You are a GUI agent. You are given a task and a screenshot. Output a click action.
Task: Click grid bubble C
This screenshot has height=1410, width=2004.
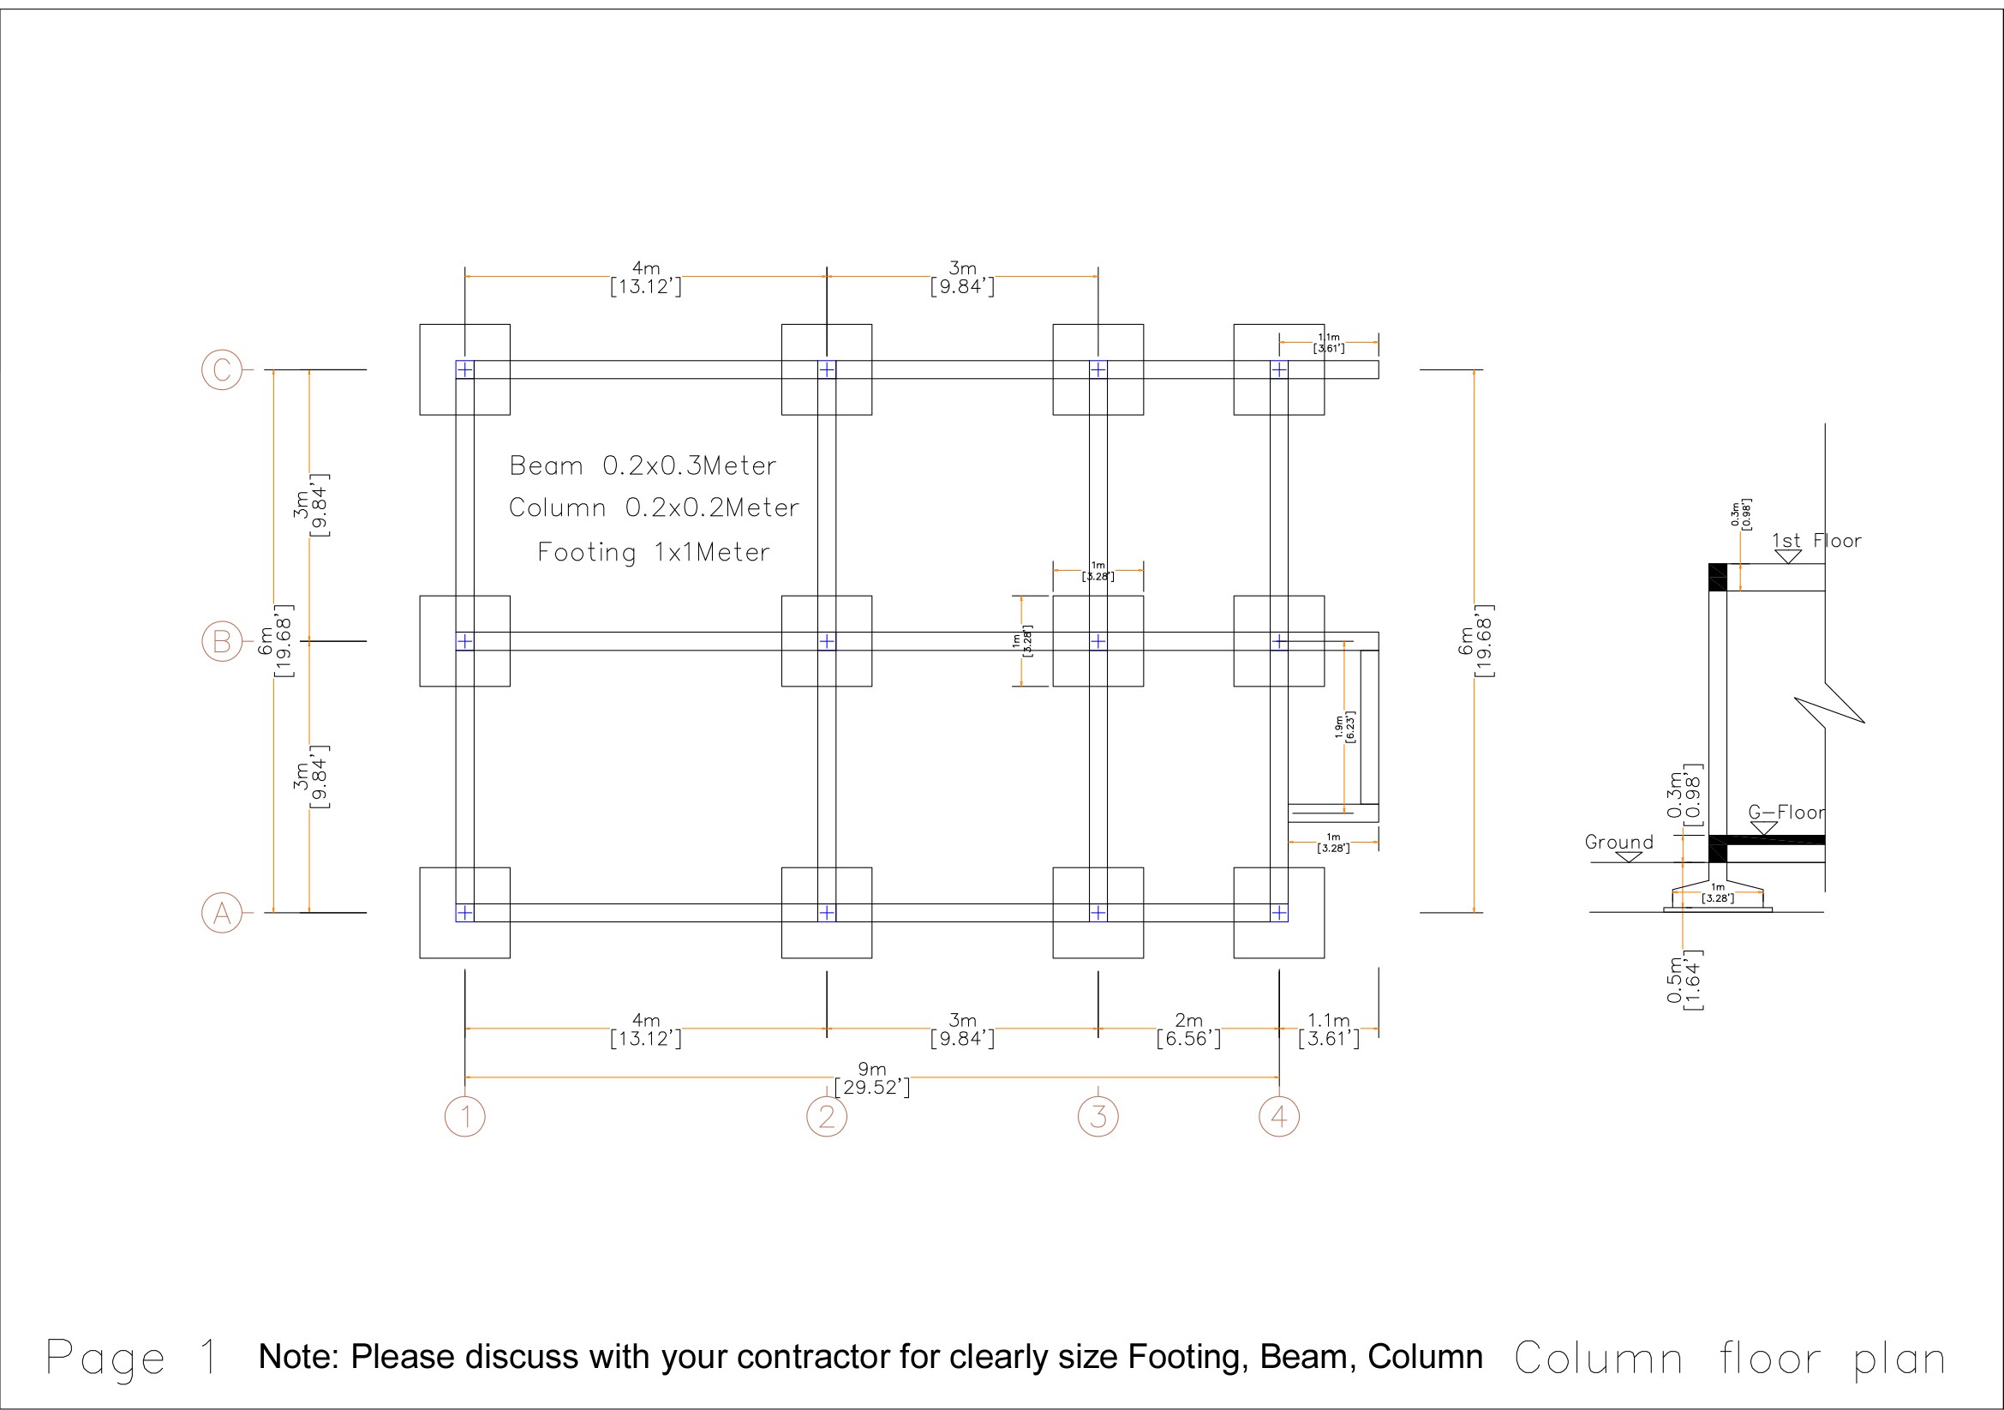(222, 369)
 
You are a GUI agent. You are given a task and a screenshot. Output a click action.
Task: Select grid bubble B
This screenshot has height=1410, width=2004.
(222, 642)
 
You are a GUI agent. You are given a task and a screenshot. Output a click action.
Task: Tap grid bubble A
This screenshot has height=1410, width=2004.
(222, 913)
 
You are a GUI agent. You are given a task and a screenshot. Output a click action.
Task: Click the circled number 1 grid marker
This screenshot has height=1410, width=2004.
(465, 1117)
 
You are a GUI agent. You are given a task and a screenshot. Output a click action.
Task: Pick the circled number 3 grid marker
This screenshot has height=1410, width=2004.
(1098, 1117)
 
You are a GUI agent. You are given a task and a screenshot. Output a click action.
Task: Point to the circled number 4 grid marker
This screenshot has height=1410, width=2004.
(1278, 1117)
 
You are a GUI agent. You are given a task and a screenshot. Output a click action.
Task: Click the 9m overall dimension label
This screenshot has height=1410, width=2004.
(872, 1078)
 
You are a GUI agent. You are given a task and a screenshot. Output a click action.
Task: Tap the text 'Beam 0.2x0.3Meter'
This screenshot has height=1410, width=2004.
(643, 466)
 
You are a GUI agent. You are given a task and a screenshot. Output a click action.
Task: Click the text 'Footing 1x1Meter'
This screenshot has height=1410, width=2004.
(653, 553)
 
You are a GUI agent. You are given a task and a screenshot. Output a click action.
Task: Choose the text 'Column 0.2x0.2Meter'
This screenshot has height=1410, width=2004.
(654, 508)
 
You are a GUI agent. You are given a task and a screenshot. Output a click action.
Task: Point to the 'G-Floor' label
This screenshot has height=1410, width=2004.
(1786, 813)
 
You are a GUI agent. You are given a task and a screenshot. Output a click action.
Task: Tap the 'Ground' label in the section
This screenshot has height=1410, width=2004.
(1619, 843)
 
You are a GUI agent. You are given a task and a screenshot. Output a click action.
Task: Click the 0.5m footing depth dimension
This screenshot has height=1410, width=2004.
(1684, 981)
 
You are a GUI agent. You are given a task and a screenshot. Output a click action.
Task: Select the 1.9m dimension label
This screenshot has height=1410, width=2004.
(1344, 726)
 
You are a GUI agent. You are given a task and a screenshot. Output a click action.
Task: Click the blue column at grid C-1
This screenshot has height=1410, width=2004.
(465, 370)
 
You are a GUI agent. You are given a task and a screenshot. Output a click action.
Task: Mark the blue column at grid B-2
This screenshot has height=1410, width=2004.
(827, 642)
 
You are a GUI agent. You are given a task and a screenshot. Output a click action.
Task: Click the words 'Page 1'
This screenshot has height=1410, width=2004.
(132, 1359)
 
